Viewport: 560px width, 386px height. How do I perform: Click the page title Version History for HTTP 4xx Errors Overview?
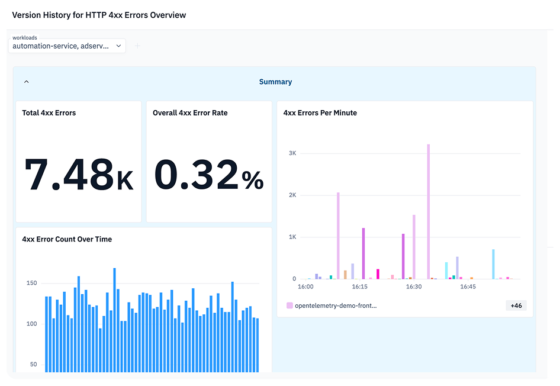(99, 15)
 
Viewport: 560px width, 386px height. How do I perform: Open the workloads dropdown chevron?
(118, 46)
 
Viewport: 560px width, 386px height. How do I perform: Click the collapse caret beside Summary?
(27, 82)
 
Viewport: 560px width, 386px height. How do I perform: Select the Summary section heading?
(275, 82)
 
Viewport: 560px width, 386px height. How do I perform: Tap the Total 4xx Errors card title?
(49, 113)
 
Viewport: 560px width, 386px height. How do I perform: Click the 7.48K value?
(79, 175)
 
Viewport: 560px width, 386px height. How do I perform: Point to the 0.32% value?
(209, 175)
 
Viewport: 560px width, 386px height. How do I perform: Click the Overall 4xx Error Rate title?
(190, 113)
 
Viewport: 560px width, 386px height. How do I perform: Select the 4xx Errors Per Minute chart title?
(320, 113)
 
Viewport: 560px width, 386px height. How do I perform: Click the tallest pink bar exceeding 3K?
(429, 211)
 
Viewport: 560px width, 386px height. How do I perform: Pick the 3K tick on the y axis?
(292, 153)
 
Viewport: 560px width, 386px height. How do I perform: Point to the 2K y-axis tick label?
(292, 195)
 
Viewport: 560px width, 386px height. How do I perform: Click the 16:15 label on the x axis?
(360, 287)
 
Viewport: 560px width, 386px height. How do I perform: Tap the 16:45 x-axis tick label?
(468, 287)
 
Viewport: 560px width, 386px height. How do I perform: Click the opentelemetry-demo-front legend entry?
(332, 305)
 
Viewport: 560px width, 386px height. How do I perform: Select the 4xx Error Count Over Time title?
(67, 239)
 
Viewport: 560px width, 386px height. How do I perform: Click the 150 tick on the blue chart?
(32, 283)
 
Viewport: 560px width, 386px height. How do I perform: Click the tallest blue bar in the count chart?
(115, 320)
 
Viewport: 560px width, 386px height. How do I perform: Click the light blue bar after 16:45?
(493, 264)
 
